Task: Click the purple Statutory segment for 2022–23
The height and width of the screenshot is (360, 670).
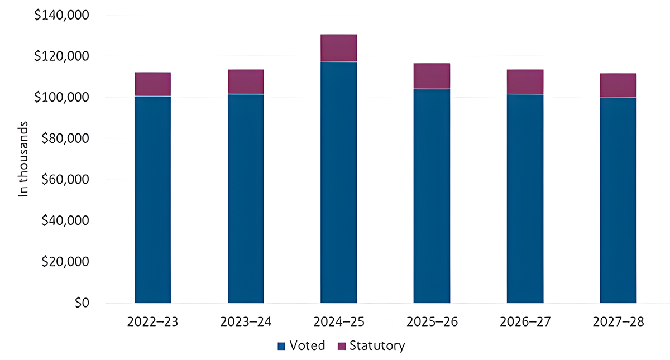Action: pyautogui.click(x=152, y=84)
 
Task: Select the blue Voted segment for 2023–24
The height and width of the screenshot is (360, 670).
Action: pyautogui.click(x=246, y=198)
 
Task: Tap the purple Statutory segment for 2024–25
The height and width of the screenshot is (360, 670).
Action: pyautogui.click(x=338, y=48)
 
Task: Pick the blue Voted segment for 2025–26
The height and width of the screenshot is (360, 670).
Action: pyautogui.click(x=432, y=195)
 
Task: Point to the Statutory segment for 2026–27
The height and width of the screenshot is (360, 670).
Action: pyautogui.click(x=525, y=82)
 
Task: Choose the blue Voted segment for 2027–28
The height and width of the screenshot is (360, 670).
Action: pyautogui.click(x=618, y=200)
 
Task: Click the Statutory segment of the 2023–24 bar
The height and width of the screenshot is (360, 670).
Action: pyautogui.click(x=246, y=82)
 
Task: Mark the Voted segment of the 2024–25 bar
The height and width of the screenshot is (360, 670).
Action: pyautogui.click(x=338, y=182)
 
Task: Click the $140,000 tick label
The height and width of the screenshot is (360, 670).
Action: pyautogui.click(x=62, y=16)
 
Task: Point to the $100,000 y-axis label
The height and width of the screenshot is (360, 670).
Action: pyautogui.click(x=62, y=98)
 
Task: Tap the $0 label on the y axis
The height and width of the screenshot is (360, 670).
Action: pyautogui.click(x=82, y=304)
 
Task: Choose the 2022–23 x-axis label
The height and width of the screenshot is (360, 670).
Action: pyautogui.click(x=152, y=323)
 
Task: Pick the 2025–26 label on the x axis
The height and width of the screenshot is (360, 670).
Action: pyautogui.click(x=432, y=323)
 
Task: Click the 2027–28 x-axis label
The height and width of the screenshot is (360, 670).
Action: pyautogui.click(x=618, y=323)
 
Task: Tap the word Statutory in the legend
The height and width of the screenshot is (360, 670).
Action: pyautogui.click(x=377, y=346)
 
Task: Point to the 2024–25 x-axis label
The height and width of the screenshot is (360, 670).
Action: pyautogui.click(x=338, y=323)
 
